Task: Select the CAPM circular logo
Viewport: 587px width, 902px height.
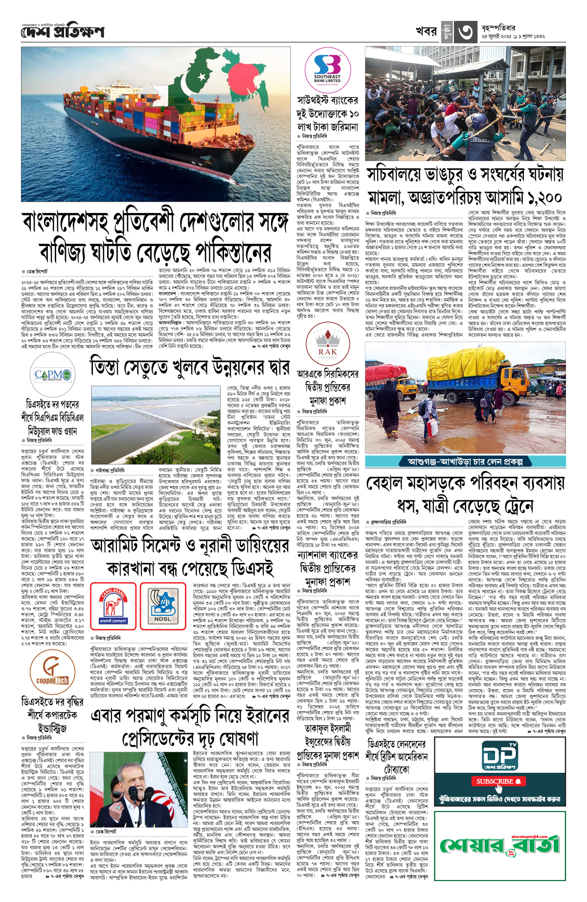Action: [52, 375]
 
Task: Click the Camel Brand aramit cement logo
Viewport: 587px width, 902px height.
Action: [113, 606]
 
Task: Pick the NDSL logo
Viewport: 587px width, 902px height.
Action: [163, 606]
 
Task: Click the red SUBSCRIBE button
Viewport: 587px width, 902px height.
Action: [499, 781]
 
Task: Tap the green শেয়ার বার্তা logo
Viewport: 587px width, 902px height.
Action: [499, 844]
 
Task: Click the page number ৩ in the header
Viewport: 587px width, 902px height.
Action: [465, 32]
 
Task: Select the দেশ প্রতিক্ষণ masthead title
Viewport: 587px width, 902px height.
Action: [63, 32]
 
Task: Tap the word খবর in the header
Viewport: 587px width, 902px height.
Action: [426, 31]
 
